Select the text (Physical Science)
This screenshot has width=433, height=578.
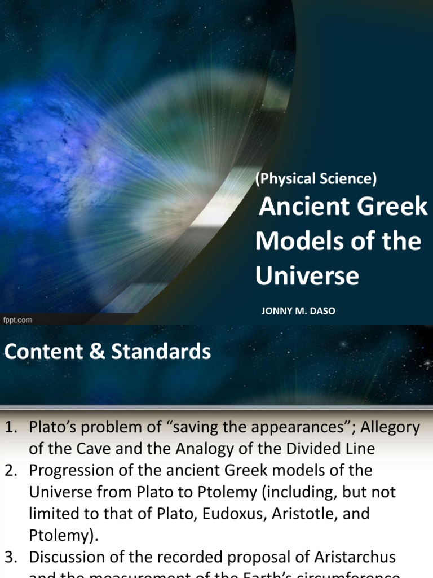pyautogui.click(x=316, y=179)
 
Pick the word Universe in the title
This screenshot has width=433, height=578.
pyautogui.click(x=307, y=276)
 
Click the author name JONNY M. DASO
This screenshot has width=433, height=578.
pyautogui.click(x=298, y=311)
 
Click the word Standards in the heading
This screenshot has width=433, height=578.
pyautogui.click(x=161, y=352)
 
